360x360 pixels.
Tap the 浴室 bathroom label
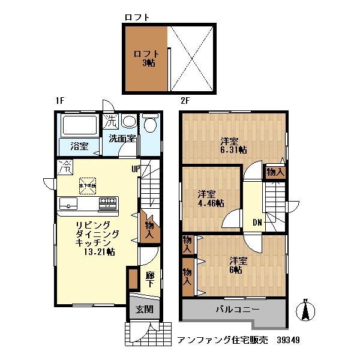pos(79,146)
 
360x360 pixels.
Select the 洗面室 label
pos(121,139)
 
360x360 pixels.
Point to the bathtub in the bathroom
pos(79,126)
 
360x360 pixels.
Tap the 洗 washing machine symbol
pos(110,121)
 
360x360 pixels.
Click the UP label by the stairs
pos(136,169)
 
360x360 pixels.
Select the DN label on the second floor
pos(257,223)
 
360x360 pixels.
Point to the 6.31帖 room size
pos(233,150)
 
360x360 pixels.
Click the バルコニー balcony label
pos(238,310)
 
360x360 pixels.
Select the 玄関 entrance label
pos(143,310)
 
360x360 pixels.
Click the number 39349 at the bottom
pos(289,340)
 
